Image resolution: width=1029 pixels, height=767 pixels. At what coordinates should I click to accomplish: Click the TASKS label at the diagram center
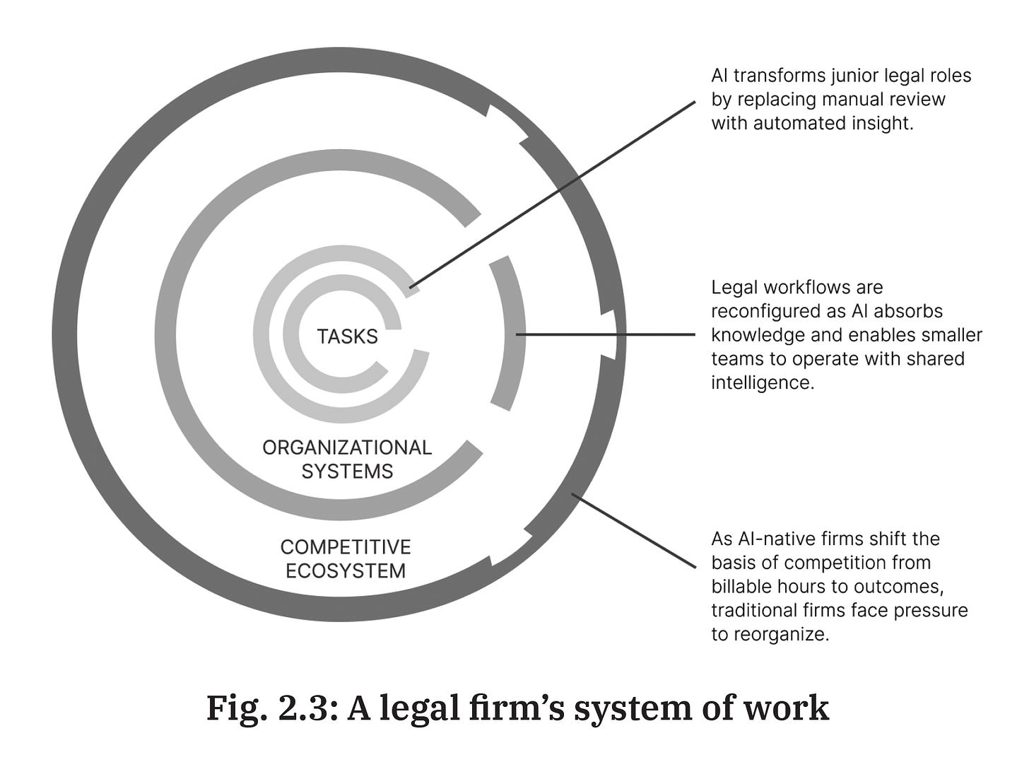pyautogui.click(x=347, y=336)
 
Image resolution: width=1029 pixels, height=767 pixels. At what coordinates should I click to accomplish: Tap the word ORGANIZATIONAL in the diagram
pyautogui.click(x=346, y=447)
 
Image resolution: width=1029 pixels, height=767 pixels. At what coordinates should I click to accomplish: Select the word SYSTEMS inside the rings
pyautogui.click(x=347, y=472)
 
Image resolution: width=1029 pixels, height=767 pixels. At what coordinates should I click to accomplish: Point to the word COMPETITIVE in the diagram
pyautogui.click(x=346, y=547)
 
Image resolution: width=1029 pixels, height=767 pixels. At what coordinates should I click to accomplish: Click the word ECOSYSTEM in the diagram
pyautogui.click(x=346, y=571)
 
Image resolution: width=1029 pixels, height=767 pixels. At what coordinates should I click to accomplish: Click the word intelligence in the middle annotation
pyautogui.click(x=763, y=382)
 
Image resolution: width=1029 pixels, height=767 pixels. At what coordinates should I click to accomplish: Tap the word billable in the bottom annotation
pyautogui.click(x=741, y=586)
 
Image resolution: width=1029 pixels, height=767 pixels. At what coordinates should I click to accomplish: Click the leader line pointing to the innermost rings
pyautogui.click(x=551, y=194)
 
